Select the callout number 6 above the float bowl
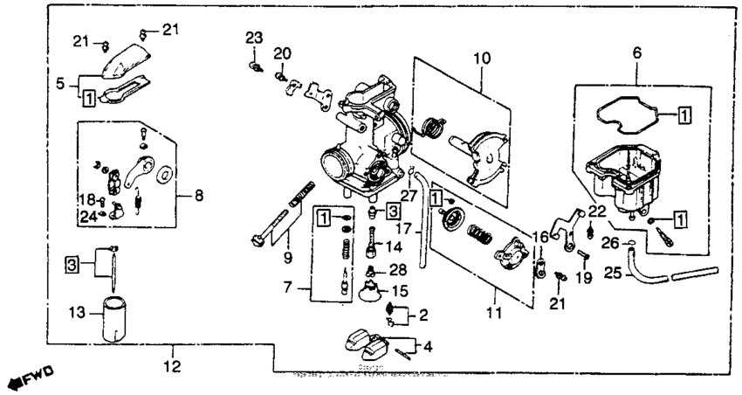(636, 53)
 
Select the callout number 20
(280, 54)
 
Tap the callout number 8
(198, 197)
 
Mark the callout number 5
(61, 85)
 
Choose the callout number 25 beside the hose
(614, 274)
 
